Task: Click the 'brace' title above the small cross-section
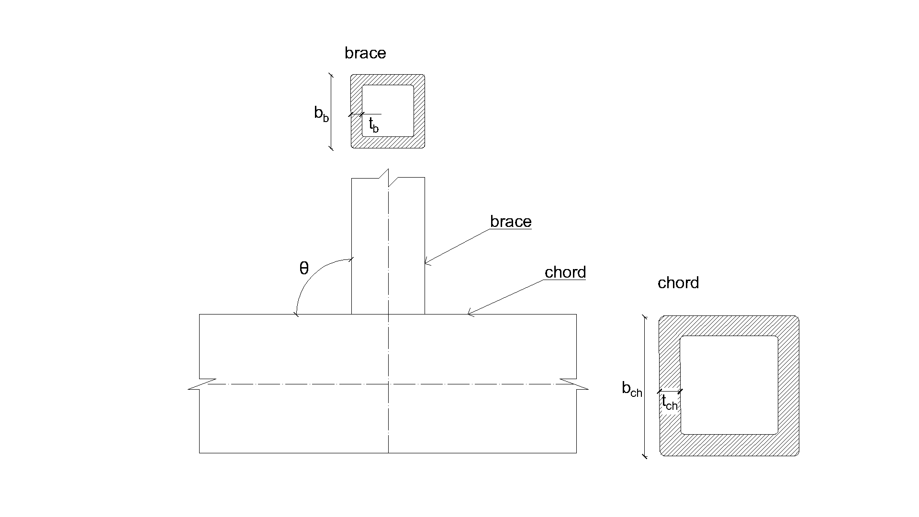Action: click(x=365, y=53)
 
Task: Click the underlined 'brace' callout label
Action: click(x=511, y=222)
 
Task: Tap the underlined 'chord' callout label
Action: click(x=565, y=272)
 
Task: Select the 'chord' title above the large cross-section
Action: click(x=678, y=283)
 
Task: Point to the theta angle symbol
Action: click(x=304, y=269)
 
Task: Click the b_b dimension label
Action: click(x=321, y=113)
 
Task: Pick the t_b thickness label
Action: click(x=373, y=125)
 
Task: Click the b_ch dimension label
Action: click(x=632, y=389)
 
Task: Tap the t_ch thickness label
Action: click(x=670, y=403)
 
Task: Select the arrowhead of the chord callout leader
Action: click(x=469, y=314)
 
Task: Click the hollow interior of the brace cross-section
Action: click(x=388, y=111)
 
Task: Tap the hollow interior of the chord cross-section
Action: click(x=729, y=385)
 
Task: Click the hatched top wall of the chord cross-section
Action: click(x=729, y=326)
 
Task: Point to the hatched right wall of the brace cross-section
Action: click(x=419, y=111)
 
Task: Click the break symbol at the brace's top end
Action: click(x=388, y=178)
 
